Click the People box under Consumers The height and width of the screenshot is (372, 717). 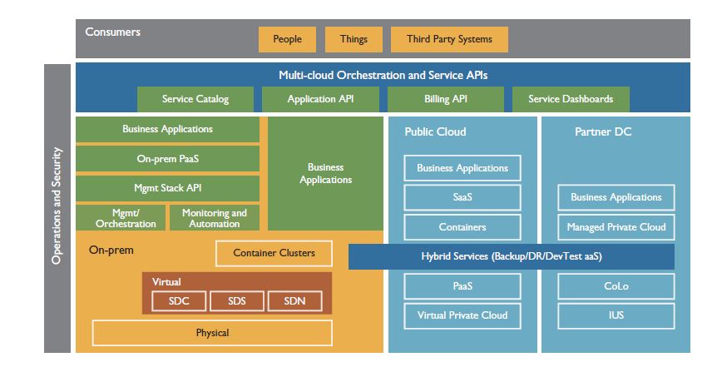[286, 39]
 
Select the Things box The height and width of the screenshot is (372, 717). [354, 39]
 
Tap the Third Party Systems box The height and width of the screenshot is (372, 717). [449, 39]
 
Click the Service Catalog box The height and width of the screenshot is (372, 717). [195, 99]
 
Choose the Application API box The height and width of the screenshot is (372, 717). [320, 99]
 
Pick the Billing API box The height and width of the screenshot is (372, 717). [445, 99]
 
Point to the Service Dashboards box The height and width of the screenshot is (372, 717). [571, 99]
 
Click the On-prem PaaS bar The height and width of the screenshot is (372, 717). [167, 158]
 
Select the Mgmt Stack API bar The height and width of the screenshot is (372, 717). [167, 188]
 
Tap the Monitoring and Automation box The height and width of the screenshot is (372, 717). [215, 218]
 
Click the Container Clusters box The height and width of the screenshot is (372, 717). [273, 253]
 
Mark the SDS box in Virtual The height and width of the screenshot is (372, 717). [236, 300]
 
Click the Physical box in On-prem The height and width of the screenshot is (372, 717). [212, 333]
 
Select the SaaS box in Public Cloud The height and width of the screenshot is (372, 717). [462, 197]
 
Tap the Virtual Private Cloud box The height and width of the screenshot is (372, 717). [462, 315]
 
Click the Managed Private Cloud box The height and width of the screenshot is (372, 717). [616, 226]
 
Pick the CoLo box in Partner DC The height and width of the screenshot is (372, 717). [616, 286]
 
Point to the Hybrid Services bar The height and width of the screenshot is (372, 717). [511, 256]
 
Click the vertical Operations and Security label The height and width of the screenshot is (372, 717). [57, 206]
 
